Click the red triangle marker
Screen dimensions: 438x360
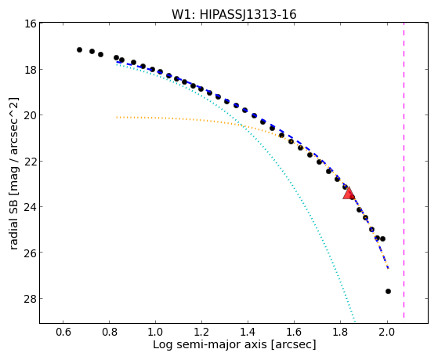pos(349,193)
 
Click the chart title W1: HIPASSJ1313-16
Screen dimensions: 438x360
pos(233,14)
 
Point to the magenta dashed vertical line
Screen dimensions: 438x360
pos(404,170)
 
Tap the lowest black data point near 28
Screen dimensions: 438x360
pos(388,292)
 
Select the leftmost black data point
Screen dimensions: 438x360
pos(79,49)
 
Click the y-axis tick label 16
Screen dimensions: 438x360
pos(31,24)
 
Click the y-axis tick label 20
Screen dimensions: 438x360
pos(30,115)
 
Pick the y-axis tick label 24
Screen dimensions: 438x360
pos(30,207)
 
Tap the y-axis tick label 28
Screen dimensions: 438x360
pos(30,299)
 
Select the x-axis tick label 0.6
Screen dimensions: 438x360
pos(63,333)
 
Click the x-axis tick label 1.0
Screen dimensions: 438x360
pos(155,333)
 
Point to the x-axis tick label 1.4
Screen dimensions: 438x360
pos(248,333)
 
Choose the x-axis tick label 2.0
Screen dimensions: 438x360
pos(387,333)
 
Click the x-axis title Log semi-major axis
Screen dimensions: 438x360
pos(210,345)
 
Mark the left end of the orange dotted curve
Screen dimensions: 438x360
pos(117,117)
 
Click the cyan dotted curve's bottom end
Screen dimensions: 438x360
pos(355,321)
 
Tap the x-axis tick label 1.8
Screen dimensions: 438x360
pos(340,333)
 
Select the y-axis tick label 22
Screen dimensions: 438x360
pos(30,161)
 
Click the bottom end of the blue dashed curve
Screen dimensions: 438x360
pos(388,268)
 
